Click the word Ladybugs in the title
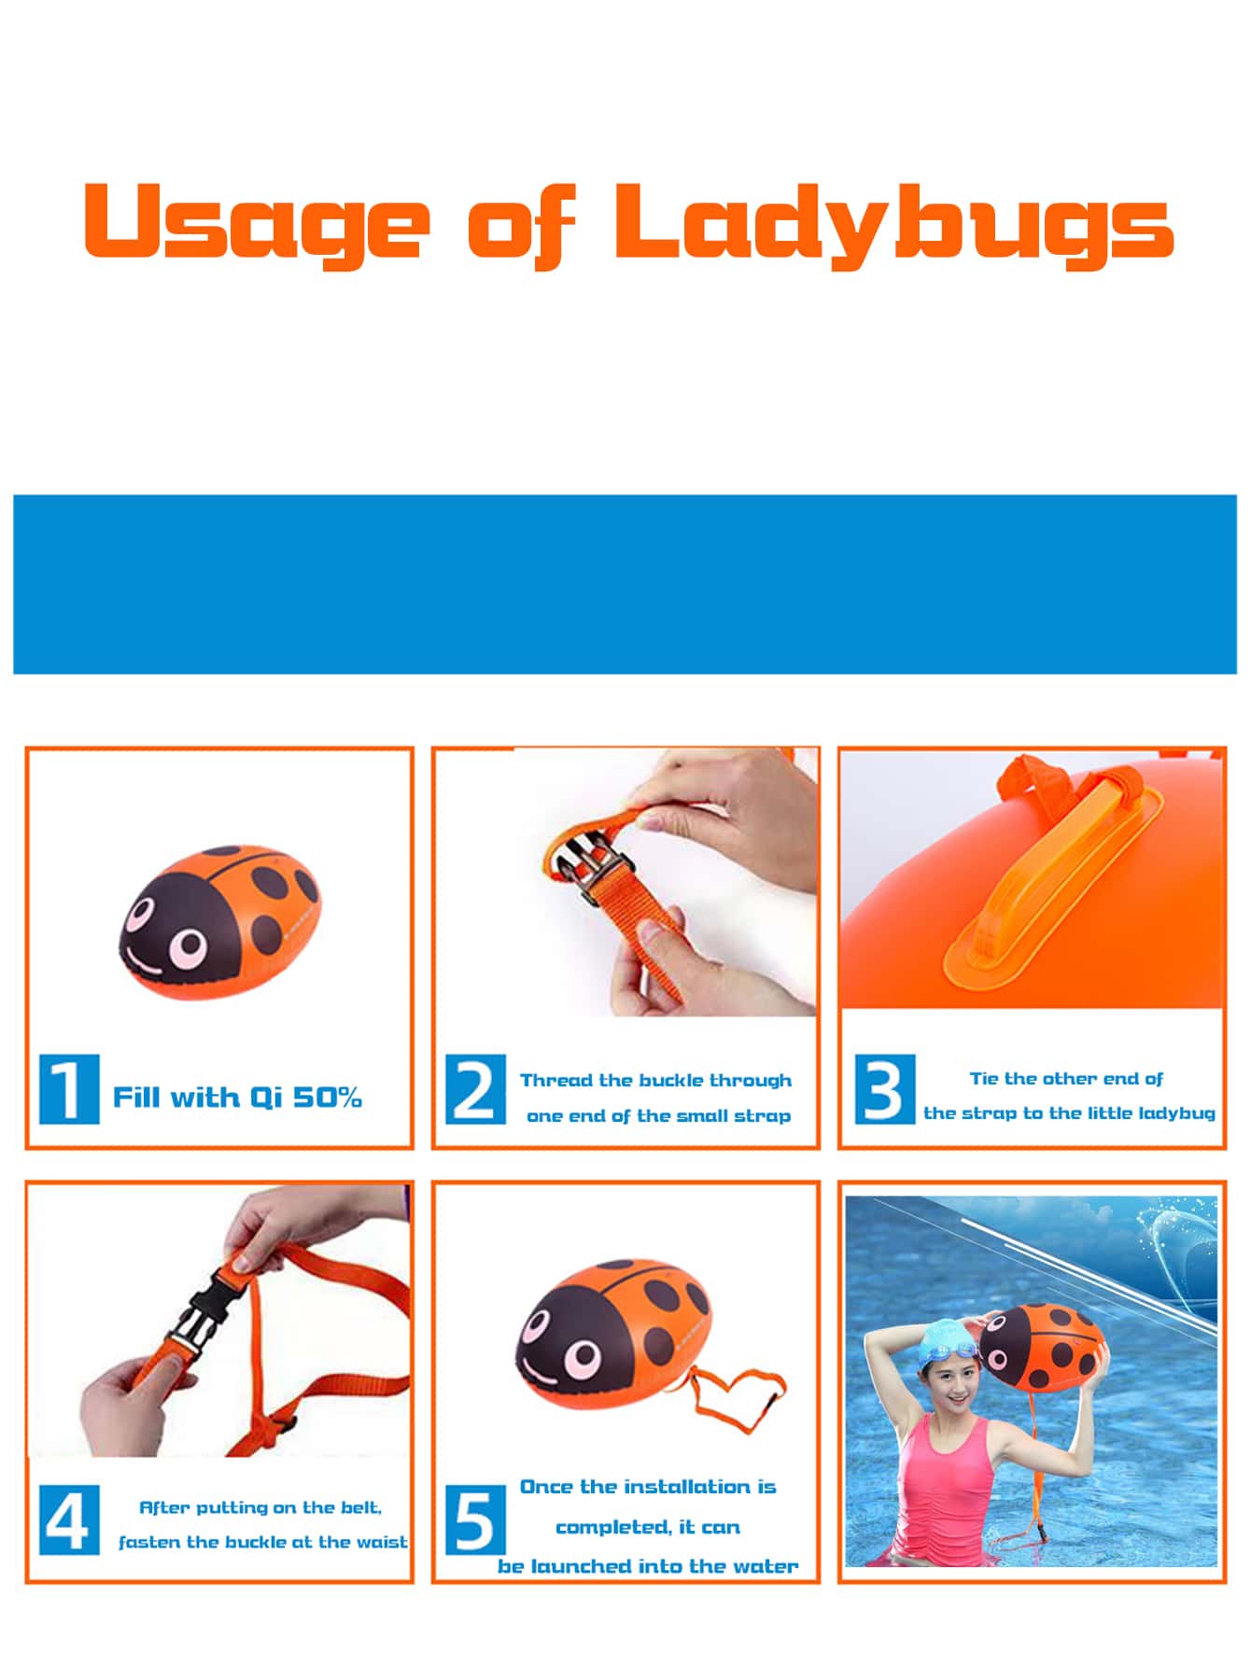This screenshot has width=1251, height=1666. coord(893,224)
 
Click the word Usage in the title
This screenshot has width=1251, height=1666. coord(257,224)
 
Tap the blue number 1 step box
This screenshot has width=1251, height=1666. coord(68,1089)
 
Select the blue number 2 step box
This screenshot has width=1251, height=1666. coord(475,1089)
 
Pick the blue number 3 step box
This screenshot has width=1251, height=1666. coord(884,1089)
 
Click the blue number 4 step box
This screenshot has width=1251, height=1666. coord(68,1520)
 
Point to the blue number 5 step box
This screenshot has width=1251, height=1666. coord(475,1520)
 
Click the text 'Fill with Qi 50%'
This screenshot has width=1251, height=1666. coord(237,1098)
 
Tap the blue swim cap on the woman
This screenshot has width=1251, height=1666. coord(943,1345)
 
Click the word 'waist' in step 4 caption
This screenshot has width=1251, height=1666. coord(383,1542)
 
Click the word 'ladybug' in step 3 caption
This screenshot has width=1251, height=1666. coord(1177,1113)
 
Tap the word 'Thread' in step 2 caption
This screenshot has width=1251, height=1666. coord(556,1081)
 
